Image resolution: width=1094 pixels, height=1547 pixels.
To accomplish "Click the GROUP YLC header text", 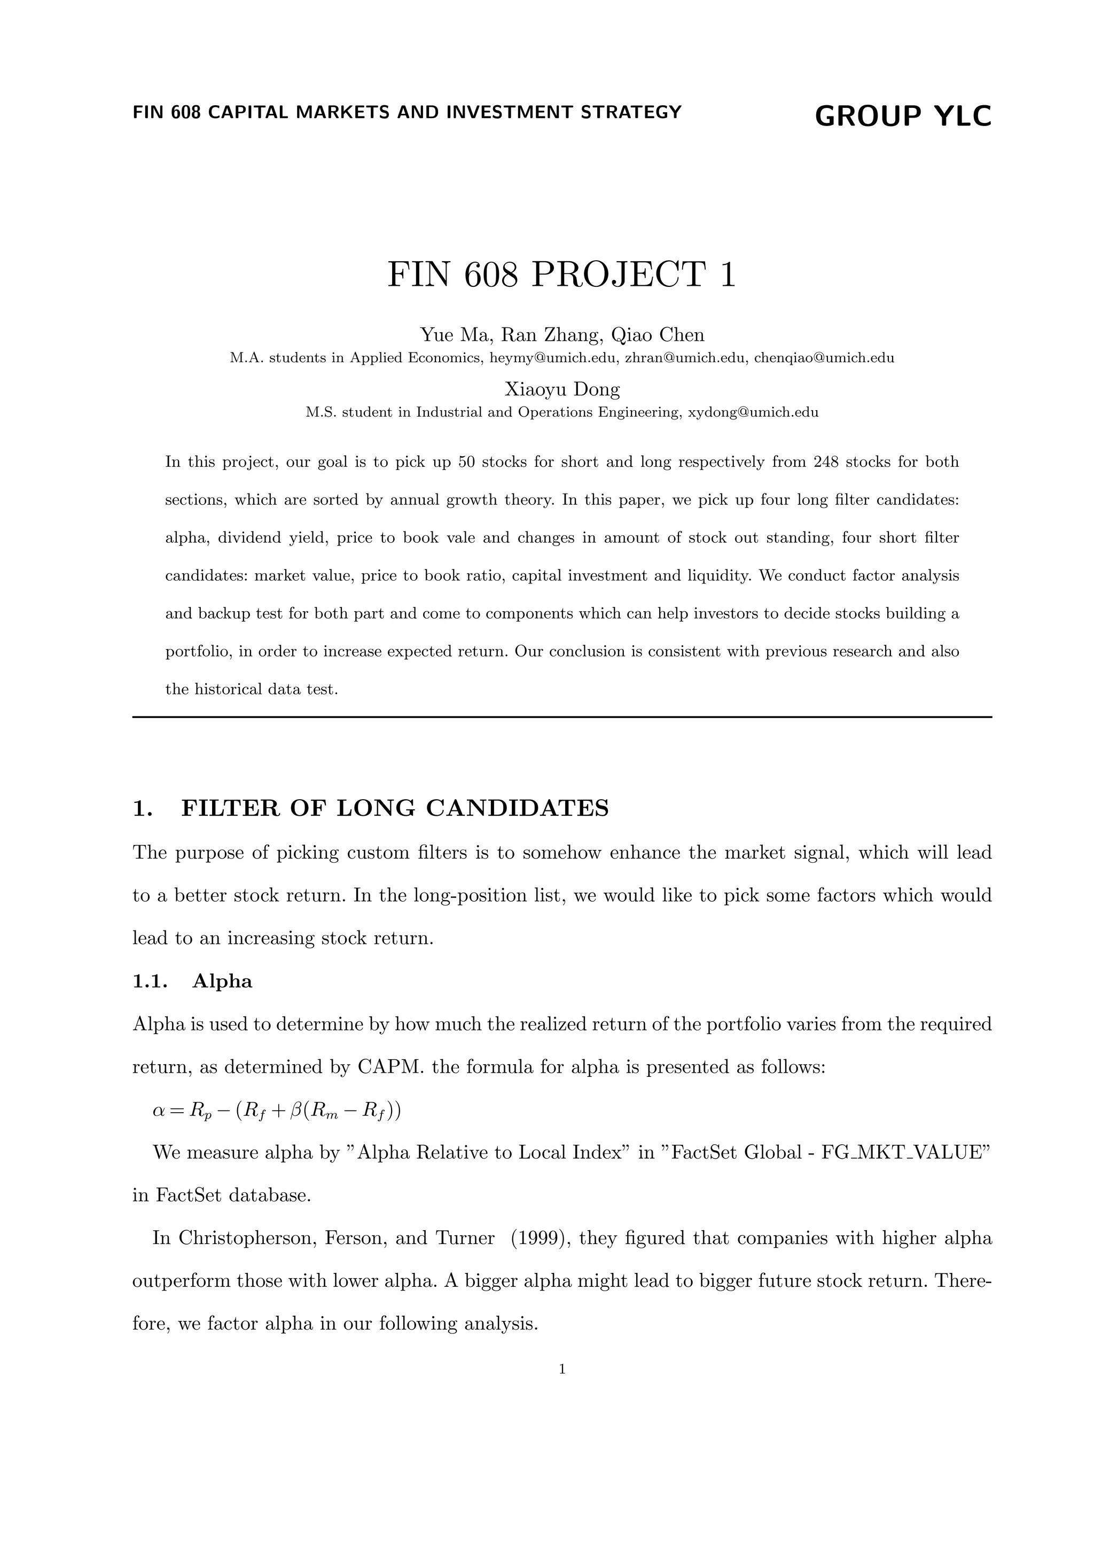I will coord(903,116).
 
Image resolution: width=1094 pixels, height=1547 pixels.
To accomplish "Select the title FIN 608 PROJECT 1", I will coord(562,275).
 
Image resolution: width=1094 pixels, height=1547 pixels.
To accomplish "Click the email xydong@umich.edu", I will coord(753,412).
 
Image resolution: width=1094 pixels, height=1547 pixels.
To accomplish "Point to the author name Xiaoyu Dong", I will coord(562,389).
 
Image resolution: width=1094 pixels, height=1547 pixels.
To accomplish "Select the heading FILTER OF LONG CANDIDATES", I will coord(395,808).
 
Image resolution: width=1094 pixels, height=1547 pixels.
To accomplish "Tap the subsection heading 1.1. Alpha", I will coord(193,981).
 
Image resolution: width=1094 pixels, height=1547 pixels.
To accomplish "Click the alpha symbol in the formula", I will coord(159,1111).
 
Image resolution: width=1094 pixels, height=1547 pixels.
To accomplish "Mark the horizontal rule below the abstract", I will coord(562,717).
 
